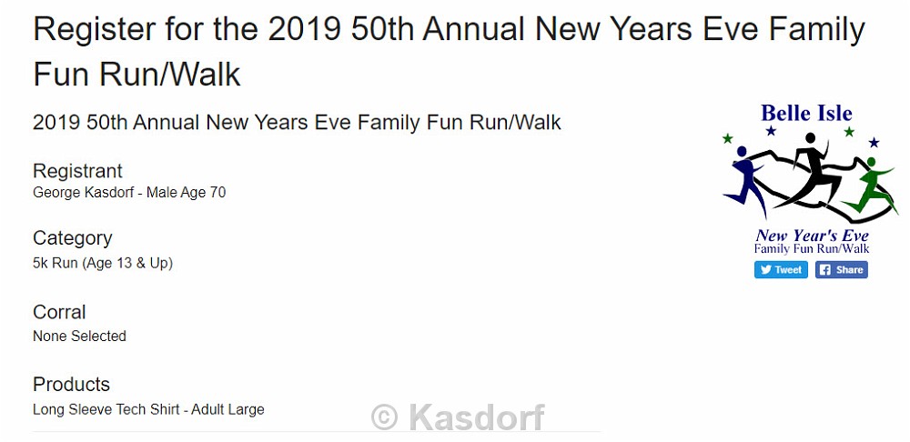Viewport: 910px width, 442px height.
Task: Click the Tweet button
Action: click(x=781, y=270)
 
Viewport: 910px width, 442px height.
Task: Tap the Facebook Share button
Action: click(x=842, y=270)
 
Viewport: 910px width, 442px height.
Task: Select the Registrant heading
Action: click(x=77, y=171)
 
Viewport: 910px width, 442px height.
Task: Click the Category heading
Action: click(x=73, y=238)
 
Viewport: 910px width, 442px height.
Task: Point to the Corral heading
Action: click(x=59, y=312)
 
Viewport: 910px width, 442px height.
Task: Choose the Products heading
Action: click(x=71, y=384)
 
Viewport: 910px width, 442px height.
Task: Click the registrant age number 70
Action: click(x=217, y=193)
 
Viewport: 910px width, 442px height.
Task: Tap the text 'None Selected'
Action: click(x=79, y=336)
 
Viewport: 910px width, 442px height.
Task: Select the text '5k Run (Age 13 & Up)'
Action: click(x=103, y=264)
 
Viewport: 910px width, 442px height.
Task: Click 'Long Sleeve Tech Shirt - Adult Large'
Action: click(x=148, y=409)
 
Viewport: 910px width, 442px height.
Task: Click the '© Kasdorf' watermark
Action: click(x=458, y=417)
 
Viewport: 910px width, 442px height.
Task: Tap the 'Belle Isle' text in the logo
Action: click(x=806, y=113)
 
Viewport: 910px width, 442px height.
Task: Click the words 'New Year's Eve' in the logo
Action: click(x=812, y=236)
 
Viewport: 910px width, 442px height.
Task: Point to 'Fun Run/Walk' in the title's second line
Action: click(x=137, y=75)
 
